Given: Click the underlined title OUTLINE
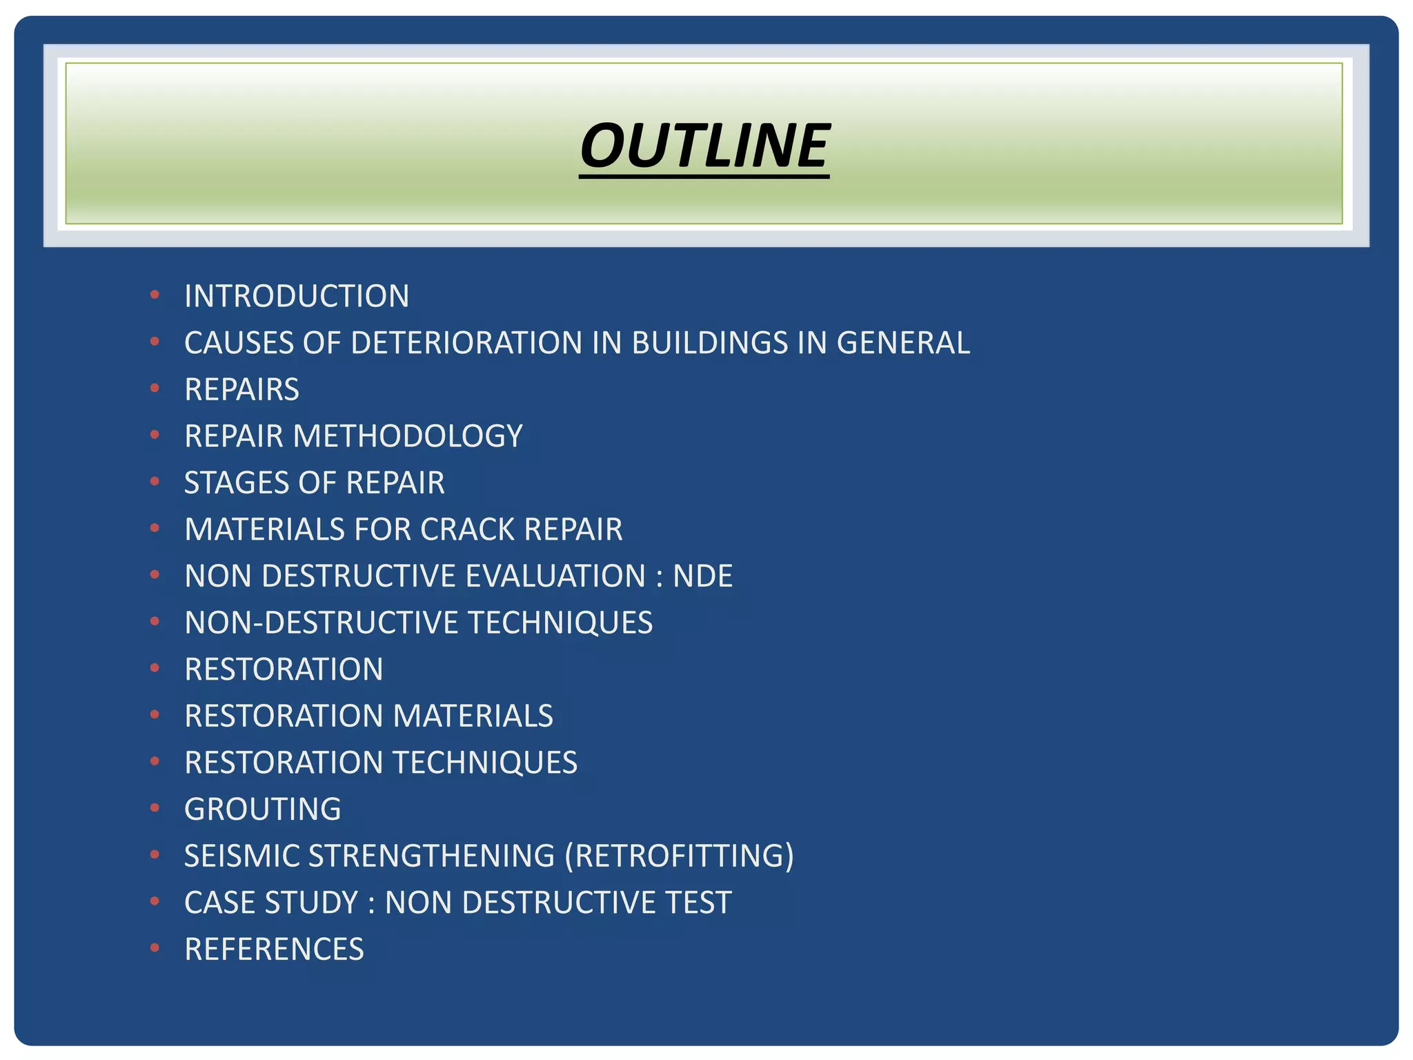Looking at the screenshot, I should (x=704, y=146).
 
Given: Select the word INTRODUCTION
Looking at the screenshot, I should (x=297, y=297).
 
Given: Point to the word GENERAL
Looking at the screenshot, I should (x=903, y=343).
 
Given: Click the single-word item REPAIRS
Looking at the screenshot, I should (x=241, y=390).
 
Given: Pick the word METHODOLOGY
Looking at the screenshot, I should (x=408, y=436).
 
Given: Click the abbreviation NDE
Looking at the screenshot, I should (x=702, y=576).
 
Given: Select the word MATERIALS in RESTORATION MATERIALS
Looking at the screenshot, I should (x=473, y=716).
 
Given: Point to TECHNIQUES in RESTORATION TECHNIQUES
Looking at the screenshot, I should (x=485, y=763).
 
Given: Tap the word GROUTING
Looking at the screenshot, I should (x=263, y=809).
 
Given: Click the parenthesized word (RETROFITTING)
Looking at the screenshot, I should (x=679, y=856).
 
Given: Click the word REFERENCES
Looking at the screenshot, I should (x=274, y=949).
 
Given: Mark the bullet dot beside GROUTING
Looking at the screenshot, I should (x=155, y=807).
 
